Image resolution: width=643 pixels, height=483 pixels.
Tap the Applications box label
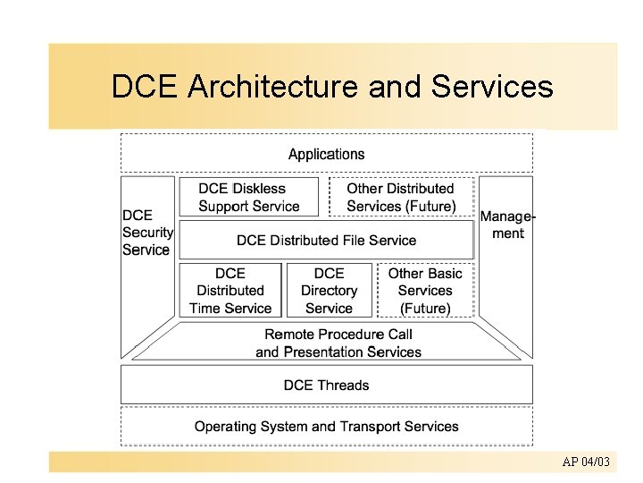point(326,154)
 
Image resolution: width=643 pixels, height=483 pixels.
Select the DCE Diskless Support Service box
point(248,197)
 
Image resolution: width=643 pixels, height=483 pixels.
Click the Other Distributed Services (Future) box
point(400,197)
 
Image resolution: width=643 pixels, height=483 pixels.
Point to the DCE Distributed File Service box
point(326,240)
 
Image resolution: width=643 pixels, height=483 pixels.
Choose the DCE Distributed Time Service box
point(230,291)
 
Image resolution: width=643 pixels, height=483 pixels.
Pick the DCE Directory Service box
point(329,291)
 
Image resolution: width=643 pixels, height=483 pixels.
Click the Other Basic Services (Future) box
point(425,291)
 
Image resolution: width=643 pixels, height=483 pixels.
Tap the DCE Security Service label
point(146,233)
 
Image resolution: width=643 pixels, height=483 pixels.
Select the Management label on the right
point(508,225)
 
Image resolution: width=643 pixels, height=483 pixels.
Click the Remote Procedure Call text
point(338,335)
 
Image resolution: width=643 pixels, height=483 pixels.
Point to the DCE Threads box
point(326,386)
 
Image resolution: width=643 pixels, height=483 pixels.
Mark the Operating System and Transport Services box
point(326,427)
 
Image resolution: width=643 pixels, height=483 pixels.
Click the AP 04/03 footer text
point(586,462)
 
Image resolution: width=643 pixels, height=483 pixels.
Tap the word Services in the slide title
point(492,88)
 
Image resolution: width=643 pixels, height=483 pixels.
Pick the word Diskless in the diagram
point(259,189)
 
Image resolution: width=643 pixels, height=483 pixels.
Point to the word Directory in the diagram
point(329,291)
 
